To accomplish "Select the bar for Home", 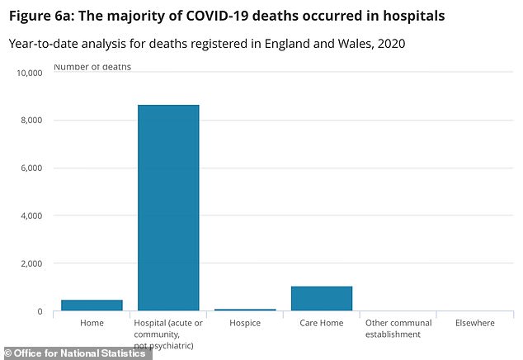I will point(92,306).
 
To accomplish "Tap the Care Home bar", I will point(322,299).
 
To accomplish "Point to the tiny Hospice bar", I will point(245,310).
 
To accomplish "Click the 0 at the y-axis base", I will point(38,312).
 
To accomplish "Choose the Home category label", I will point(92,323).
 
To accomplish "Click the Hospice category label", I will point(245,323).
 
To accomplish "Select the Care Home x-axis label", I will point(322,323).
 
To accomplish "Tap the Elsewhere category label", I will point(474,323).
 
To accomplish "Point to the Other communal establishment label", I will point(398,329).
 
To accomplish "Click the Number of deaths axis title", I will point(92,66).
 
